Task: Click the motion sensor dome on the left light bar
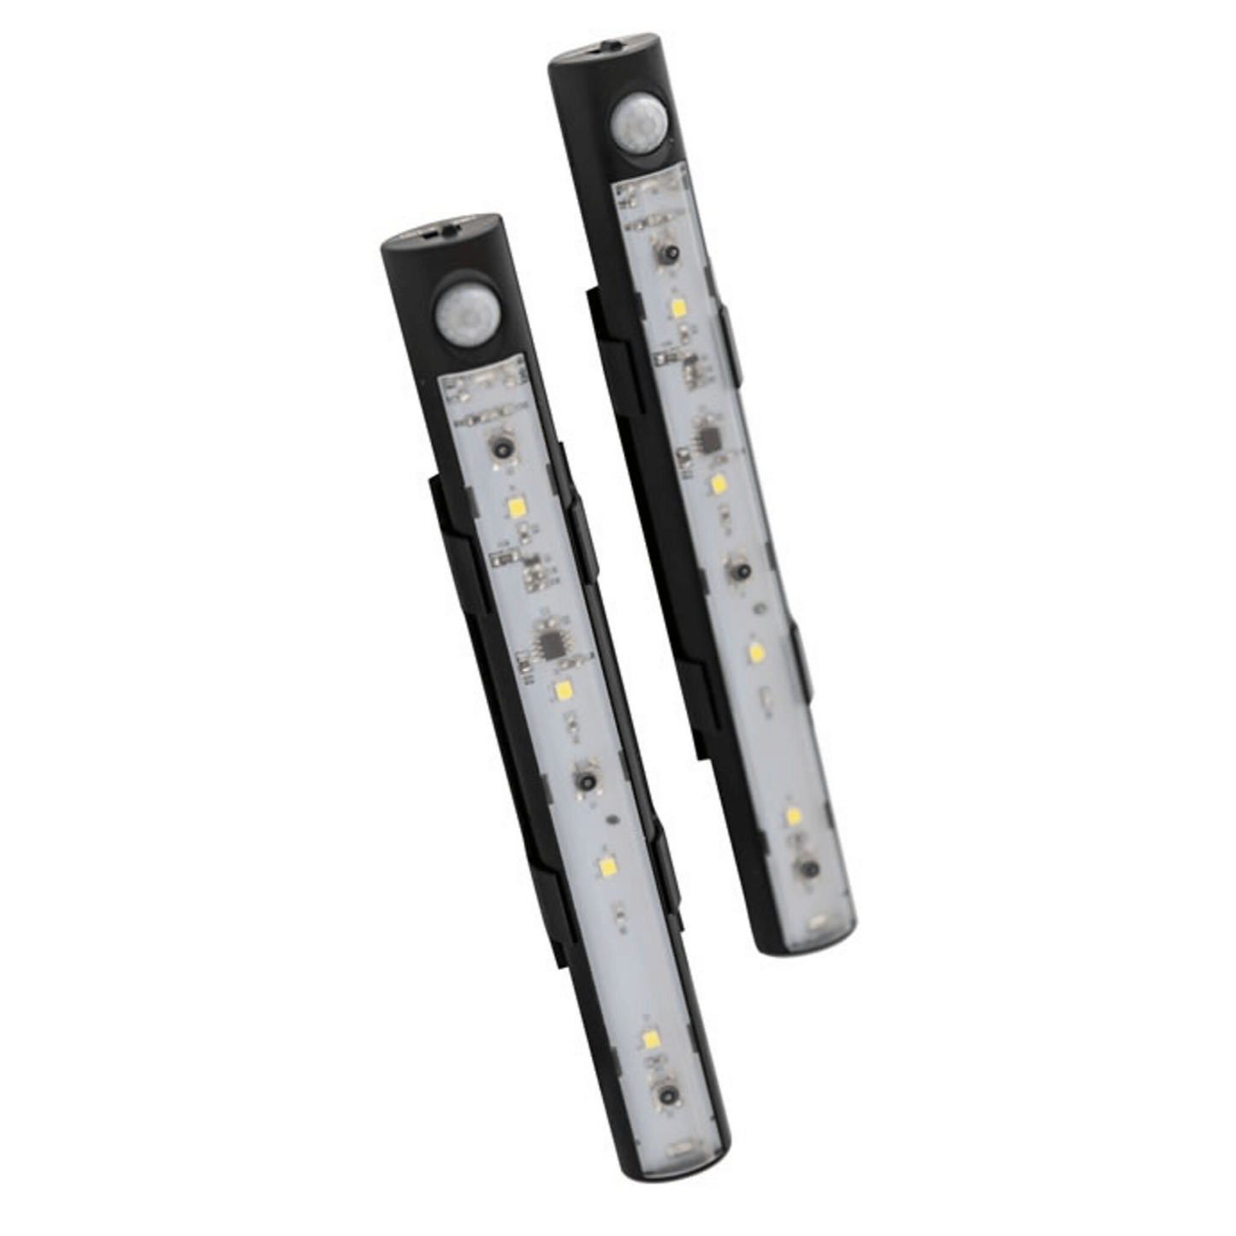(459, 313)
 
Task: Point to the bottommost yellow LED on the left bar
(652, 1041)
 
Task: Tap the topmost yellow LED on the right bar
(677, 306)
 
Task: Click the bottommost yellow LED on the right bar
(793, 815)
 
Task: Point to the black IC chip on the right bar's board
(708, 439)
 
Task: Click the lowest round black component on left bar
(665, 1095)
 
